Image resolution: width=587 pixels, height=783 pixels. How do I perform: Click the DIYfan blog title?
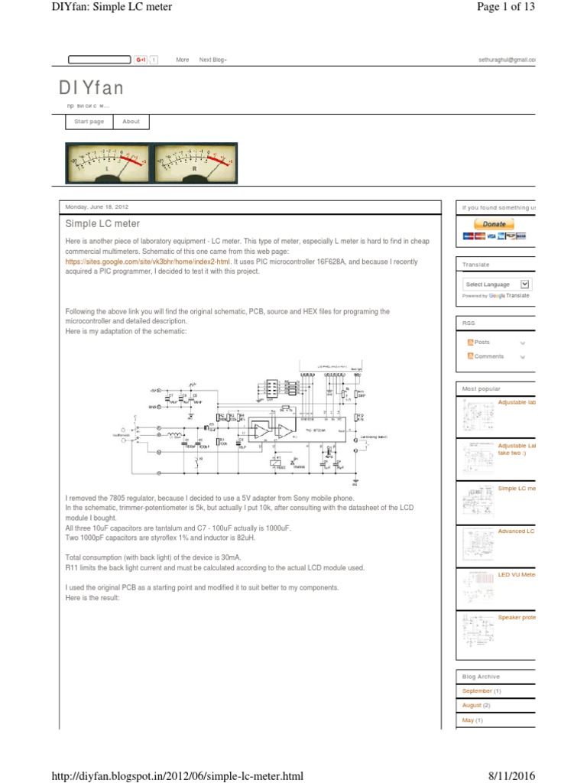pos(91,88)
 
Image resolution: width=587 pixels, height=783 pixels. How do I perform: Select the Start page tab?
pos(89,122)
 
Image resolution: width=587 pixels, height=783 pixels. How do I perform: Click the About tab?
pos(131,122)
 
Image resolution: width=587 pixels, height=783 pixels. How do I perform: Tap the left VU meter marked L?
pos(107,164)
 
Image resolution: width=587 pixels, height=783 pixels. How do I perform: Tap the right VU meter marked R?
pos(194,164)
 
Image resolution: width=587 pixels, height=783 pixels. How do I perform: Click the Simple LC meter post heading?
pos(102,224)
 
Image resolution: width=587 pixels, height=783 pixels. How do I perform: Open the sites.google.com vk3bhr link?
pos(148,262)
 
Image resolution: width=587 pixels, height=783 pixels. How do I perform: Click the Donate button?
pos(495,224)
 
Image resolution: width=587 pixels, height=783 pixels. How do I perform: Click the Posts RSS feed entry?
pos(482,343)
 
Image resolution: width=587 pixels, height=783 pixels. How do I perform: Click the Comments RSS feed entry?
pos(488,356)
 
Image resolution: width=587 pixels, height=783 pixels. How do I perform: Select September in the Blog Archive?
pos(477,690)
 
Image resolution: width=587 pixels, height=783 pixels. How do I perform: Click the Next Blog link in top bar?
pos(212,60)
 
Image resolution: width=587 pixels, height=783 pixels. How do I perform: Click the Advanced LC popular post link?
pos(517,531)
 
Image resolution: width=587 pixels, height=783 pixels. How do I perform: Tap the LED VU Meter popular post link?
pos(517,573)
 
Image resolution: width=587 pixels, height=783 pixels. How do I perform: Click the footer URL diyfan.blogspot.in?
pos(177,776)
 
